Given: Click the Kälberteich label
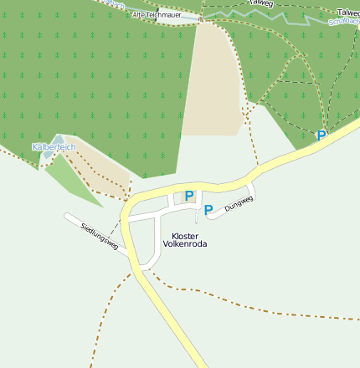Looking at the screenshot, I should point(54,147).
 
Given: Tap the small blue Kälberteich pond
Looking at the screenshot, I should point(58,139).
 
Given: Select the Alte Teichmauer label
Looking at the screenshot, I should point(156,15).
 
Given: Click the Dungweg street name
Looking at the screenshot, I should point(239,199).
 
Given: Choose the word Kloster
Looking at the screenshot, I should point(185,236).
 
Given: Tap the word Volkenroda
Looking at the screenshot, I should point(184,244).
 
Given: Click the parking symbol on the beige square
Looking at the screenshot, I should point(189,196).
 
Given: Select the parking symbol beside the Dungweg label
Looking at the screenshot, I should point(208,209).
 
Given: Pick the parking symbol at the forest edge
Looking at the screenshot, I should point(321,135).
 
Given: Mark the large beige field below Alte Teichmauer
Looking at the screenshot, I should point(211,79).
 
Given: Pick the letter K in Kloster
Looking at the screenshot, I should point(174,236).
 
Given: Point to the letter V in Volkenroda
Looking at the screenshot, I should point(165,244).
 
